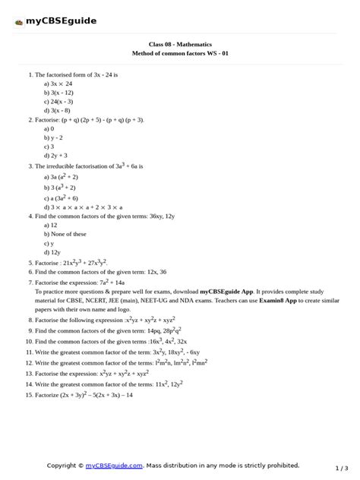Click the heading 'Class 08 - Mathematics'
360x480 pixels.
coord(179,46)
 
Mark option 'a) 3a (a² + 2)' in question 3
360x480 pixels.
coord(65,176)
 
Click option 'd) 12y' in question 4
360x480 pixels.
coord(53,251)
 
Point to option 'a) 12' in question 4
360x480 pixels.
coord(51,225)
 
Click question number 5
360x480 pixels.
coord(30,262)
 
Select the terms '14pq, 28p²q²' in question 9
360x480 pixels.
coord(162,332)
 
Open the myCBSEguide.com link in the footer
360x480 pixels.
coord(114,465)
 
